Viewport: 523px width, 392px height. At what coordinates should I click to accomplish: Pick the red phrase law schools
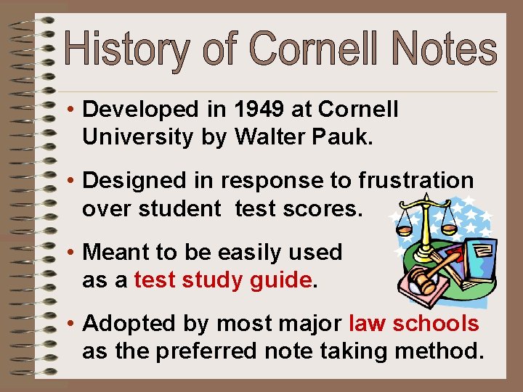[414, 324]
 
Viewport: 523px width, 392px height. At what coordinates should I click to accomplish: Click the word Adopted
[124, 324]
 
